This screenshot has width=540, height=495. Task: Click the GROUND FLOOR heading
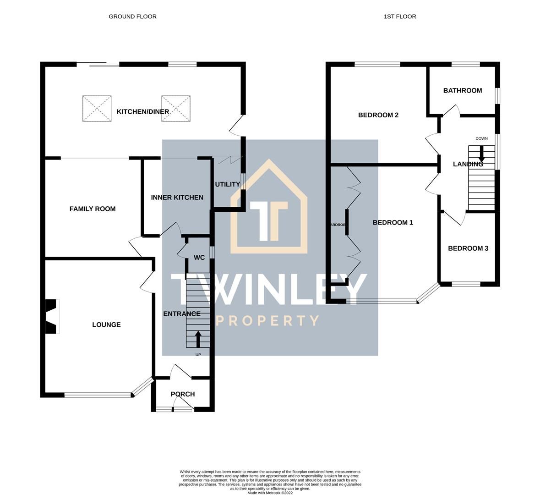[x=132, y=16]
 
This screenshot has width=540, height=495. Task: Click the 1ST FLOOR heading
[x=400, y=16]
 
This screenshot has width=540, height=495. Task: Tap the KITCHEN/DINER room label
[x=143, y=112]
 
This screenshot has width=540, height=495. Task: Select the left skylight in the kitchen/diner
[x=97, y=109]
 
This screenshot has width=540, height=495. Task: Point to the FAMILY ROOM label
[x=93, y=209]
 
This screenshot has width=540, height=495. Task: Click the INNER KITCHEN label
[x=177, y=198]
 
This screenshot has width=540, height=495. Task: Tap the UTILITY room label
[x=228, y=184]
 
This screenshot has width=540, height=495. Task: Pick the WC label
[x=199, y=258]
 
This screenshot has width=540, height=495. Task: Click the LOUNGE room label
[x=106, y=325]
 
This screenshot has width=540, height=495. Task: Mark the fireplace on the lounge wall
[x=51, y=316]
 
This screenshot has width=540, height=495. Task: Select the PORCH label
[x=183, y=394]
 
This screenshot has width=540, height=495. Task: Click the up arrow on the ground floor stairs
[x=198, y=339]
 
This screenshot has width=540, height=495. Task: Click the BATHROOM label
[x=463, y=91]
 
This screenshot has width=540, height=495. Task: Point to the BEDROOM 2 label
[x=378, y=115]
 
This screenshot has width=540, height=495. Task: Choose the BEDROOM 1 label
[x=393, y=223]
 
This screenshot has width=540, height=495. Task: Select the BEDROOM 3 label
[x=468, y=248]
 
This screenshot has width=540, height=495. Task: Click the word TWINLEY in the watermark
[x=269, y=289]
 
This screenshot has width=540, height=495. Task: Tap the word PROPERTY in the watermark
[x=267, y=321]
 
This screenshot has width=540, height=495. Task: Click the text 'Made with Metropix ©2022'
[x=270, y=493]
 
